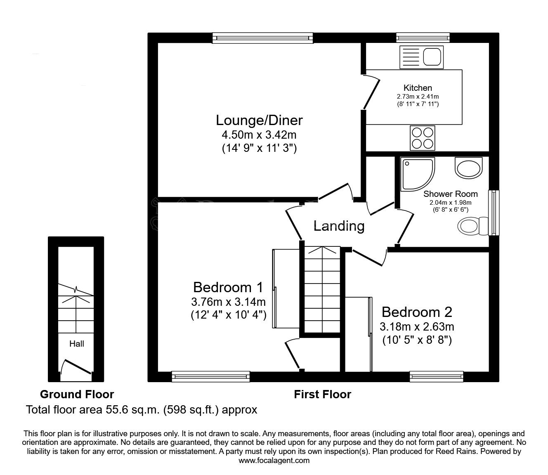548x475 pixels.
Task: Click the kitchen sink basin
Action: (x=432, y=57)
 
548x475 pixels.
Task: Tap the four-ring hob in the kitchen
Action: (x=423, y=138)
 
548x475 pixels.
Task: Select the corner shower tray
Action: (x=418, y=174)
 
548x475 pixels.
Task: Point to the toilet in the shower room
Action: (x=473, y=226)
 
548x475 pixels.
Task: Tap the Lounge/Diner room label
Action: (x=259, y=121)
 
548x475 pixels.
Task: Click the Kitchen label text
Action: (x=418, y=88)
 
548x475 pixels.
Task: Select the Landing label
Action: (x=339, y=226)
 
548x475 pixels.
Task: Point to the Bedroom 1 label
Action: (x=228, y=287)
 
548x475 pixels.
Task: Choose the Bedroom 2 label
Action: (x=417, y=312)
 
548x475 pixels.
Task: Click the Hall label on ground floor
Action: (x=77, y=344)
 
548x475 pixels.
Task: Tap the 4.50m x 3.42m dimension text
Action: (x=259, y=135)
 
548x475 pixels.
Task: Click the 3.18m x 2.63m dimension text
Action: (x=417, y=327)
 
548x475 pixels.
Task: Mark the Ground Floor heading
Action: (x=77, y=395)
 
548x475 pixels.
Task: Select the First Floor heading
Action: (x=322, y=395)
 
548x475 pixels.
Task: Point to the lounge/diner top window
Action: (x=262, y=38)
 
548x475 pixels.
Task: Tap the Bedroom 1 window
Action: (x=211, y=377)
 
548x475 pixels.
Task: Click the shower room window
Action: (x=494, y=213)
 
